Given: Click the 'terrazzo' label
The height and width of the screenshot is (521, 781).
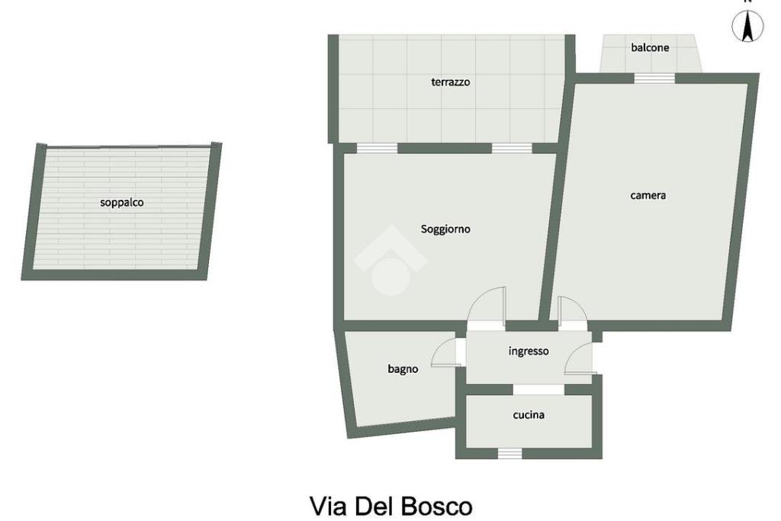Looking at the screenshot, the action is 450,82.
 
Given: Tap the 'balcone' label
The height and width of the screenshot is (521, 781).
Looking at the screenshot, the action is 650,48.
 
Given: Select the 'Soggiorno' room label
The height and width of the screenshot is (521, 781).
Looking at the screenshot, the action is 445,229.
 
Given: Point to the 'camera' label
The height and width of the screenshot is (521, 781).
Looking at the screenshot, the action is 648,195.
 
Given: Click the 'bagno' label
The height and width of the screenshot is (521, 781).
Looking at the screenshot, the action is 403,369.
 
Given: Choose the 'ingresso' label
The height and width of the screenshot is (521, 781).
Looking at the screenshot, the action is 529,351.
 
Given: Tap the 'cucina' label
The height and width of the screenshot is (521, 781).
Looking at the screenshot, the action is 529,415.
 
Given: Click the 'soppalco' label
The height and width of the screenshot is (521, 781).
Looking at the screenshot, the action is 121,202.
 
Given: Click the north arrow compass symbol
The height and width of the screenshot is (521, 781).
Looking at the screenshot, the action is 747,26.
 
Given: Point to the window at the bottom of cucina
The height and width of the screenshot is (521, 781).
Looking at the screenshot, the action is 509,453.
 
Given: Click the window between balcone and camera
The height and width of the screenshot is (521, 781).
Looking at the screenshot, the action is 654,79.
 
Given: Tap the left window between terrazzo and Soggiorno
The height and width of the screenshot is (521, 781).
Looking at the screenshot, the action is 378,148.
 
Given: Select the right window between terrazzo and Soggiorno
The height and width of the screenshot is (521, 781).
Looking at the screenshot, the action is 512,148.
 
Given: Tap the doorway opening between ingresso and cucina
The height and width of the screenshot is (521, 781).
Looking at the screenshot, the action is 538,390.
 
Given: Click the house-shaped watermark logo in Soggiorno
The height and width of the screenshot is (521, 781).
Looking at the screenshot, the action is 390,261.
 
